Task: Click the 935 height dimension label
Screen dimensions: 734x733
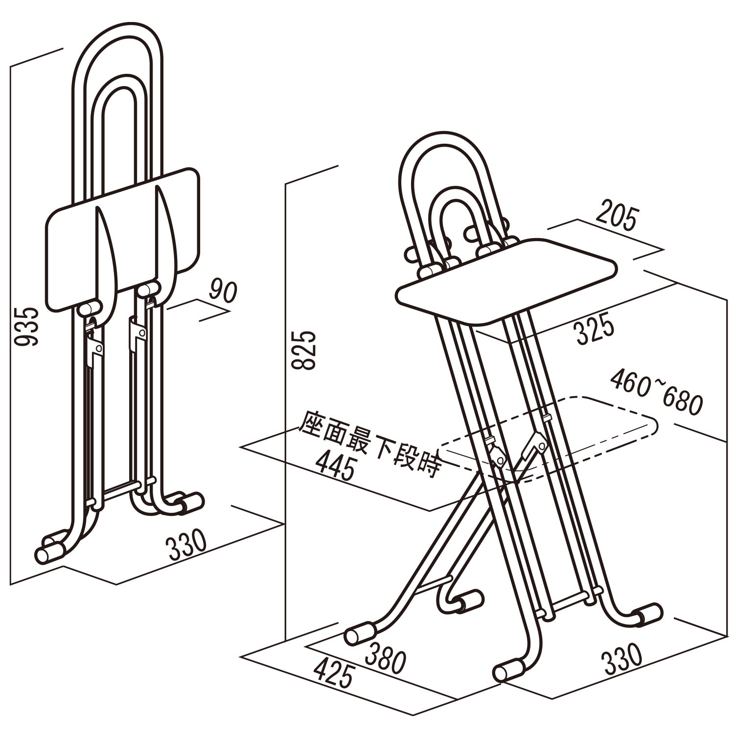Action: point(25,327)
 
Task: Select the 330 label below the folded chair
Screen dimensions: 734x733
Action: point(187,544)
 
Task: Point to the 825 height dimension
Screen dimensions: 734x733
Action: point(304,350)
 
